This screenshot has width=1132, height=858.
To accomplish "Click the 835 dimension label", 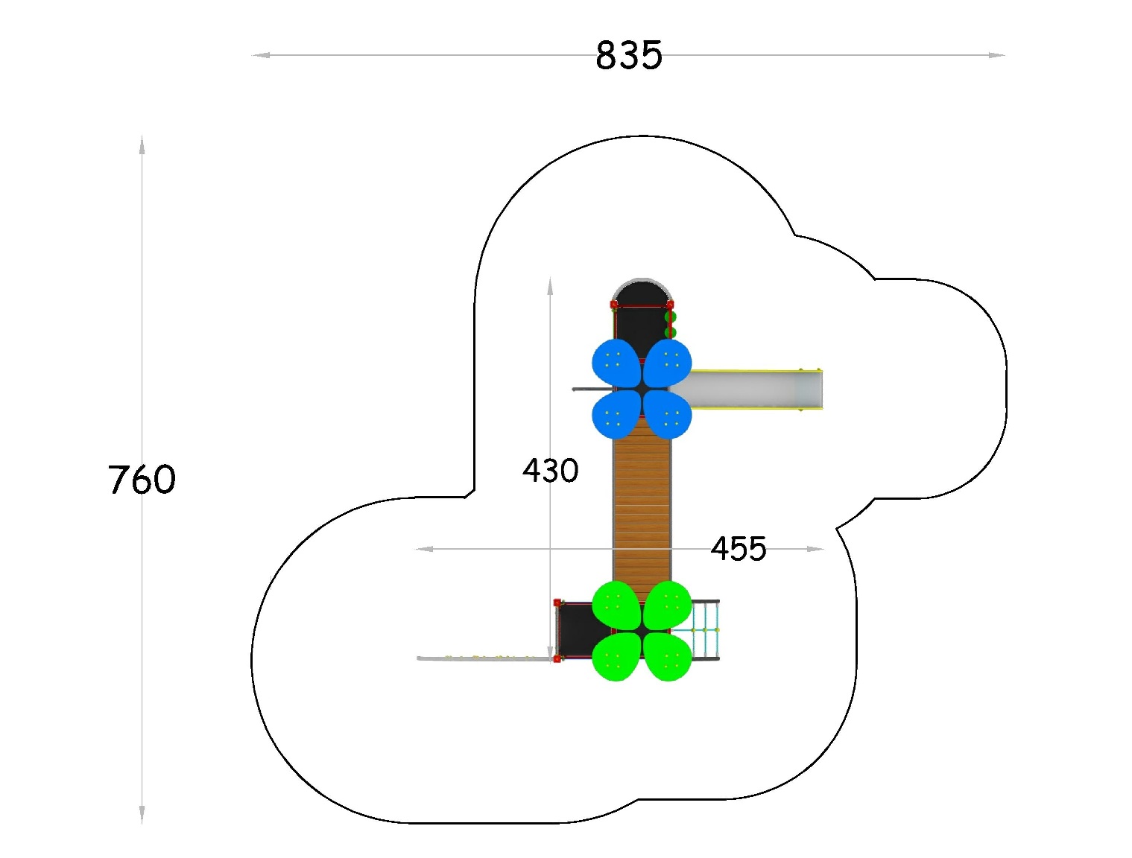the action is point(629,55).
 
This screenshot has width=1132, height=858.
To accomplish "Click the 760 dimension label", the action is point(142,479).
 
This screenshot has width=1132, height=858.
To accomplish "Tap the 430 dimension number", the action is point(550,471).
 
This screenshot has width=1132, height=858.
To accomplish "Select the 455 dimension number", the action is point(739,548).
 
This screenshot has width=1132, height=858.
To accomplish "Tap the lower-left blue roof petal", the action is point(616,415).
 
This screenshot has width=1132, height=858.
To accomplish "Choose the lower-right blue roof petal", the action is point(668,415).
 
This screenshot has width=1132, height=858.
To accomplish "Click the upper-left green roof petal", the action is point(616,605).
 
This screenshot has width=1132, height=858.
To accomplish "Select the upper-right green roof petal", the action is point(668,605).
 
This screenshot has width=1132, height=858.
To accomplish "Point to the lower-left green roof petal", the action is point(616,657).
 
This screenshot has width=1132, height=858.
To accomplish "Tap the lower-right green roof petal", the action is point(668,657).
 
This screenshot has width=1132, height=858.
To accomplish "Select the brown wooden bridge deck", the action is point(642,510).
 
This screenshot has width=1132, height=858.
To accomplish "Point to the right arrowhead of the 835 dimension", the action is point(997,55).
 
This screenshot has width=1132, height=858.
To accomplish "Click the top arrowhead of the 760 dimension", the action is point(142,144).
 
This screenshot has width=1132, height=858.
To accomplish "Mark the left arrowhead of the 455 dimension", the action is point(424,549).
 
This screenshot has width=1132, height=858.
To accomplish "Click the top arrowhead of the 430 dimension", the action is point(550,287).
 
